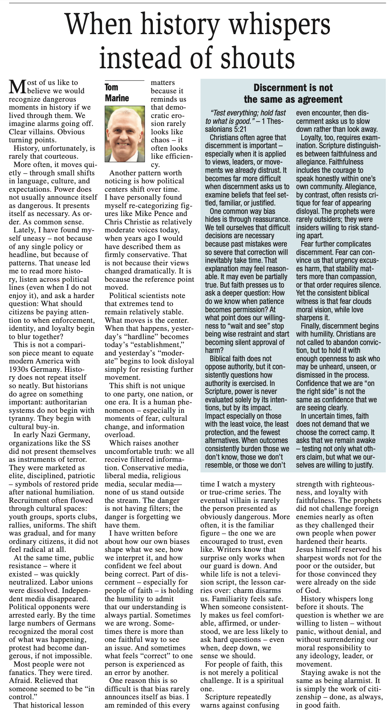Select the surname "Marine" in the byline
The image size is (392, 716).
click(117, 98)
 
